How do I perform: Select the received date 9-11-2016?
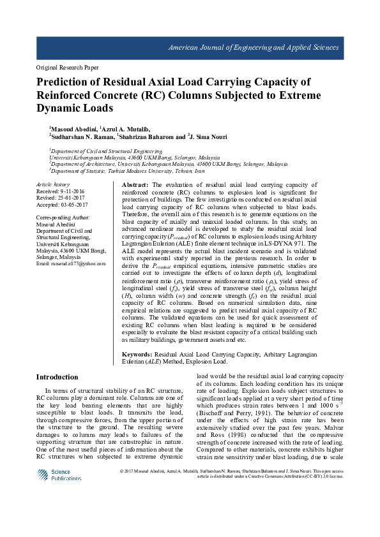[75, 191]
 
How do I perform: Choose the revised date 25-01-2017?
[74, 197]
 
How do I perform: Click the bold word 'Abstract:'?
[135, 184]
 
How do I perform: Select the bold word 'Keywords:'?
[137, 353]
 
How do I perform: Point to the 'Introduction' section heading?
[57, 377]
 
